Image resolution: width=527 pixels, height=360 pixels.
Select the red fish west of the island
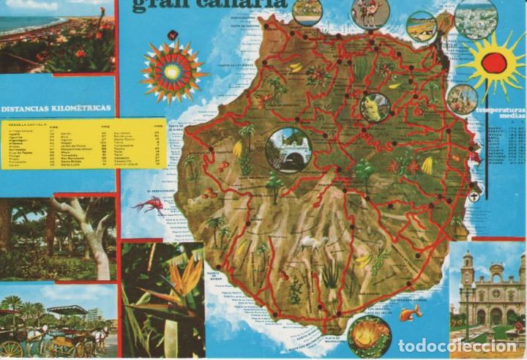(151, 203)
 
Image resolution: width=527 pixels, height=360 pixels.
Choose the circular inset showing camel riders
(370, 12)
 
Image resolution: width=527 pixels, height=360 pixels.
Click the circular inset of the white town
(475, 18)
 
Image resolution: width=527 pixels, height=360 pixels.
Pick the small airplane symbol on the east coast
(474, 195)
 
